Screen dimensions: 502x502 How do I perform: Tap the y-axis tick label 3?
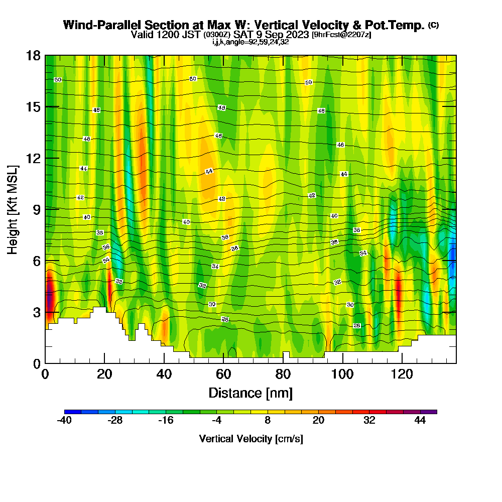coord(37,312)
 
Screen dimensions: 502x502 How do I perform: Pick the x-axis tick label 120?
coord(402,374)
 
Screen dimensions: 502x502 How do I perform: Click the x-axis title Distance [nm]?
coord(250,393)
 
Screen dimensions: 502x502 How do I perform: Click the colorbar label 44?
coord(420,421)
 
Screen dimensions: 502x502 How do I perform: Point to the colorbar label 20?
coord(318,421)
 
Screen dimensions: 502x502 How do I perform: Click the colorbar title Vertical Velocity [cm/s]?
coord(250,439)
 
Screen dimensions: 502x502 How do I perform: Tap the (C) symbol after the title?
coord(433,25)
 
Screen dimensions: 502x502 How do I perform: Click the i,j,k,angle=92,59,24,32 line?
coord(250,42)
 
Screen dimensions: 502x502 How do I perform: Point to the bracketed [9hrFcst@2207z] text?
coord(341,35)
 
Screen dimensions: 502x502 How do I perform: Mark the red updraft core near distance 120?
coord(399,294)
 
